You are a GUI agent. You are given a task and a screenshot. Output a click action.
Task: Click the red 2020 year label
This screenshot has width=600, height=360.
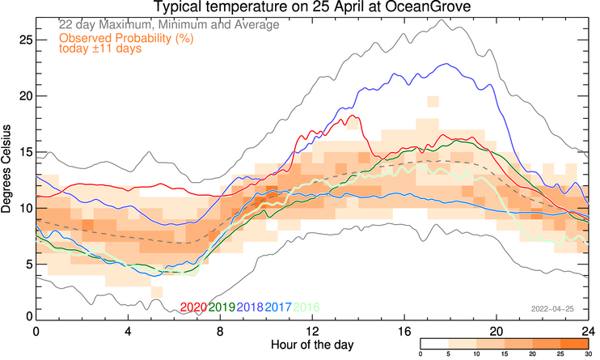[x=193, y=307]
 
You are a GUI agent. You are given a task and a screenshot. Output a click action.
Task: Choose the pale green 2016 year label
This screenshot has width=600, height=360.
[x=306, y=307]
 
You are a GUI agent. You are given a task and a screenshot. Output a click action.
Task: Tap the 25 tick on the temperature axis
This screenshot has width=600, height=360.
[x=25, y=40]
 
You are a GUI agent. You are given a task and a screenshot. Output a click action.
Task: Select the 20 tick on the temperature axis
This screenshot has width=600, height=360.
[x=25, y=95]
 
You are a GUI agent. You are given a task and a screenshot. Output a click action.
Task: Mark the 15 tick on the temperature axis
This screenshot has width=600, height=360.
[x=25, y=151]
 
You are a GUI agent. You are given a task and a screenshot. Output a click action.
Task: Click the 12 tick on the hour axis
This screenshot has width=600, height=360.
[x=312, y=332]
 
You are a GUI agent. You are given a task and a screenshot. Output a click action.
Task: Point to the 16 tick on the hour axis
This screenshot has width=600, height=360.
[x=404, y=332]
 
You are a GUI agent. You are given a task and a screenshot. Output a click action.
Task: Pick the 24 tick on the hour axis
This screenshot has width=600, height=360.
[x=587, y=332]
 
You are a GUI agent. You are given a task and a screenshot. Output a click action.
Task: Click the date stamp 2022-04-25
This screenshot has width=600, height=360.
[x=552, y=308]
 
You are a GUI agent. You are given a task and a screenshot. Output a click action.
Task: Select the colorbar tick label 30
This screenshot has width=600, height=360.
[x=588, y=354]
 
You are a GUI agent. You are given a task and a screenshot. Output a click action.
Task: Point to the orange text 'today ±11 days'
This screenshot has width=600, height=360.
[x=100, y=49]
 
